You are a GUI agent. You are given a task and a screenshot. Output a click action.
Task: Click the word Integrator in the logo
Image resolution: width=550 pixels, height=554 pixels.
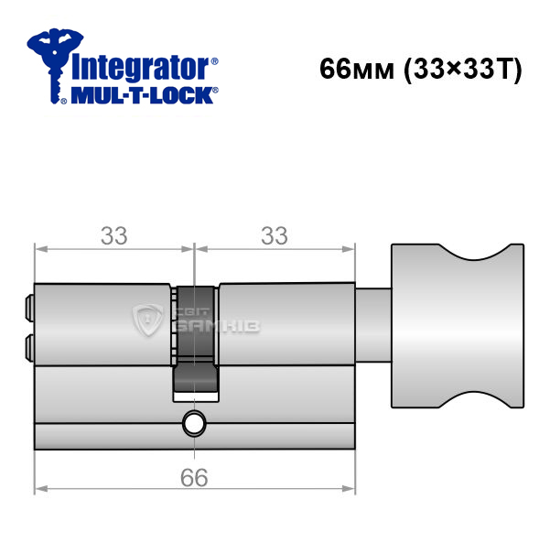[140, 68]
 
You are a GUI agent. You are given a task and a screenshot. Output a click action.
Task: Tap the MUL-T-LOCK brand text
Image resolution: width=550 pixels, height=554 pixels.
[142, 95]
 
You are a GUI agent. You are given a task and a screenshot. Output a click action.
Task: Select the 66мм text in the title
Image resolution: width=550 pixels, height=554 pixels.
[357, 69]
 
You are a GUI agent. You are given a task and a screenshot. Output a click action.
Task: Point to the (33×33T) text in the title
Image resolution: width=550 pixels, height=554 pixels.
[463, 70]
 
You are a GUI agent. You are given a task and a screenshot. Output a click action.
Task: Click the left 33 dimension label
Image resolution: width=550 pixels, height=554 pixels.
[114, 235]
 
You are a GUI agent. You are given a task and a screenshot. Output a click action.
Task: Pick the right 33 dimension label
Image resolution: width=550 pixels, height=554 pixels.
[275, 235]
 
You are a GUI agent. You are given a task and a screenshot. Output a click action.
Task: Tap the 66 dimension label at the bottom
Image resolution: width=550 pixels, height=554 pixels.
[194, 478]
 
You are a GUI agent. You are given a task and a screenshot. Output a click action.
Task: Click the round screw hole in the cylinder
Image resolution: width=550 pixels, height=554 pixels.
[194, 423]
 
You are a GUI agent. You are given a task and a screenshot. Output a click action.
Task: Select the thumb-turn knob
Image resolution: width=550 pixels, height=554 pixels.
[458, 326]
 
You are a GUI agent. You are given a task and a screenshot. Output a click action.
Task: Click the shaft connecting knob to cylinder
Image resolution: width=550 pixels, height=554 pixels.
[373, 325]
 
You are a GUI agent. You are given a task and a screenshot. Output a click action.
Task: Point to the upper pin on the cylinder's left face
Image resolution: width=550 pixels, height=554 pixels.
[29, 309]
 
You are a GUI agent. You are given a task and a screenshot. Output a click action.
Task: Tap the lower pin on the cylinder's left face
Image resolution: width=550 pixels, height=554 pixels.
[29, 348]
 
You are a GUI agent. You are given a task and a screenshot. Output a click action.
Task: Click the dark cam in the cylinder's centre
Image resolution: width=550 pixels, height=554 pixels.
[195, 340]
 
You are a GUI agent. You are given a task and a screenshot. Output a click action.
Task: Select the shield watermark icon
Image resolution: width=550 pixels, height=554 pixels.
[147, 320]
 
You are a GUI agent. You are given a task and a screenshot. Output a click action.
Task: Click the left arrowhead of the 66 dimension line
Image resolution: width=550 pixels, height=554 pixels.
[41, 489]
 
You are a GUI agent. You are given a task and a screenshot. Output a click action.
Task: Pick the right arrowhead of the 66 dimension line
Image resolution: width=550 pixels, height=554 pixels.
[348, 489]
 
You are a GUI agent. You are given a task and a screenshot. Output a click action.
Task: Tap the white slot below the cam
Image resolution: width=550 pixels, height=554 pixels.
[196, 396]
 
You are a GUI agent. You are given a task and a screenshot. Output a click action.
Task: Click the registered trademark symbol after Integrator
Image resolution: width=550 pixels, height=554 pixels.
[214, 60]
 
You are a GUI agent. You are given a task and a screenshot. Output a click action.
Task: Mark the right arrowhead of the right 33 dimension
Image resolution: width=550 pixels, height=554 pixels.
[348, 249]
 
